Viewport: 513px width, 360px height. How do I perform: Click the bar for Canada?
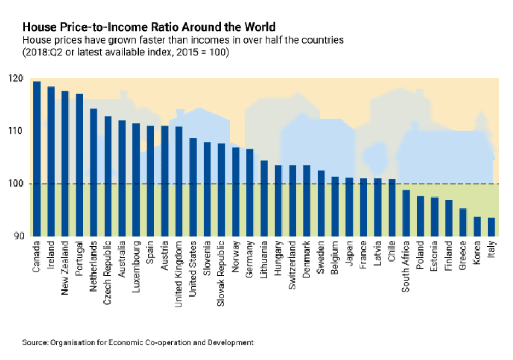pos(37,159)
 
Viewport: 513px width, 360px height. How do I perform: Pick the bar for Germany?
pos(250,192)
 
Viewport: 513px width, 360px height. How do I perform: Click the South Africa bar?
pos(406,213)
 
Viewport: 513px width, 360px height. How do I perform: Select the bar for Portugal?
pos(79,165)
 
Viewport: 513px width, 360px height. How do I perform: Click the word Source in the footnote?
pos(34,342)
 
